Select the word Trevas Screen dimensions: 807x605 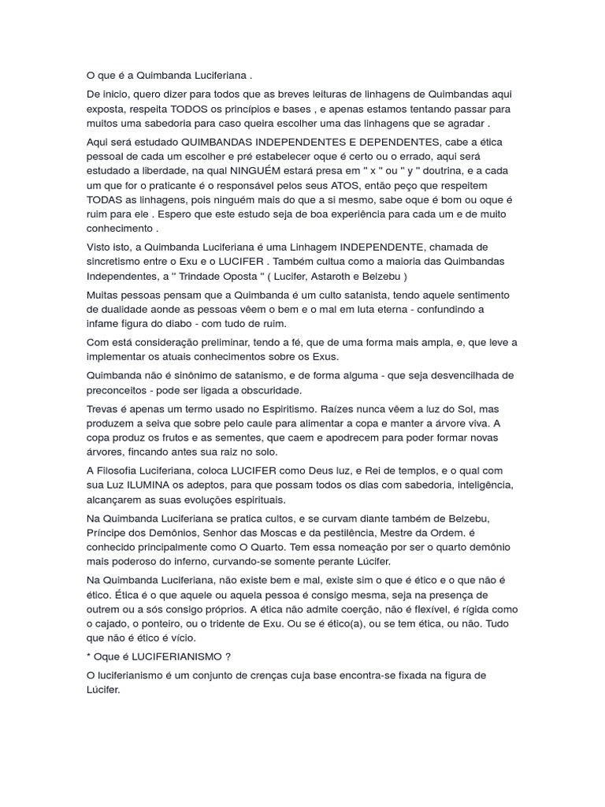(103, 409)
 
